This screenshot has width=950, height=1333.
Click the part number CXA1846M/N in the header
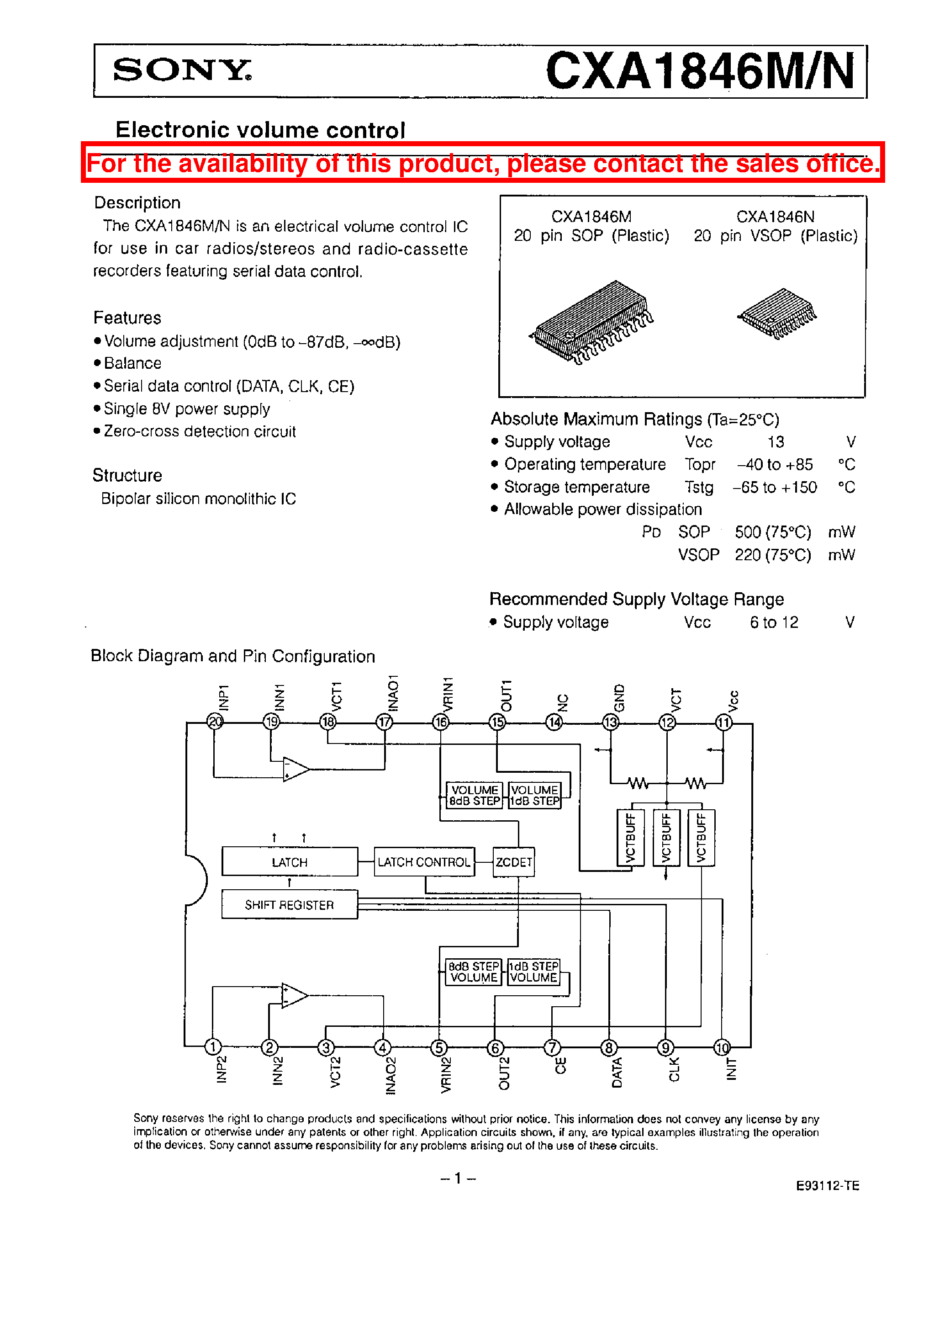[700, 71]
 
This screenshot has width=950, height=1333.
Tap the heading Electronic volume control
[260, 129]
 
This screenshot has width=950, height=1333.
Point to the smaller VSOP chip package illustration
[777, 313]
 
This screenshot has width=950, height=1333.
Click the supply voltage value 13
[776, 442]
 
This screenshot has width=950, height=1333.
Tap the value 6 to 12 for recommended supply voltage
[773, 622]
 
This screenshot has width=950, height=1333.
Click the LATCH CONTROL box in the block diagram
[423, 862]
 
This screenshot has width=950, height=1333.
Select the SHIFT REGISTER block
[289, 905]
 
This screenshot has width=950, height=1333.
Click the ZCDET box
[514, 862]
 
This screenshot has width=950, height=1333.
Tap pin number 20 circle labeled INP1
[215, 722]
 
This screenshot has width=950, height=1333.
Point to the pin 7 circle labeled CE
[552, 1047]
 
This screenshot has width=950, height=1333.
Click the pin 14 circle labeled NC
[554, 722]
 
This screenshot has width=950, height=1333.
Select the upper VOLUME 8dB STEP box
[474, 795]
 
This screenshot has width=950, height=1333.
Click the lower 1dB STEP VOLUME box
[533, 972]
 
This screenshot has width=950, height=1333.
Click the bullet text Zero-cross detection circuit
[200, 431]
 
